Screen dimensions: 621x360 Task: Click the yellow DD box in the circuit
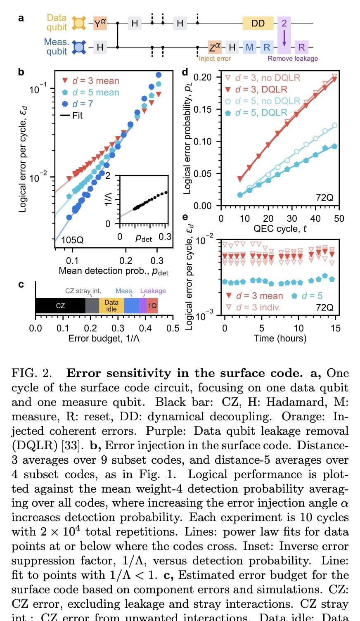(x=258, y=24)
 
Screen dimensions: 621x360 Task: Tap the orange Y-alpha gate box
(x=100, y=24)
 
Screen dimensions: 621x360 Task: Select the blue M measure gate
(x=249, y=47)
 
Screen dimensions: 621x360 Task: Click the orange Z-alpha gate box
(x=215, y=47)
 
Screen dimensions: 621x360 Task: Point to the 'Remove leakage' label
(x=293, y=59)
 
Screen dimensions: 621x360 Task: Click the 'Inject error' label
(x=215, y=59)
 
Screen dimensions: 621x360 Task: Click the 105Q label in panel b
(x=72, y=240)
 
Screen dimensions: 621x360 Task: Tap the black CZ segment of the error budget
(x=60, y=306)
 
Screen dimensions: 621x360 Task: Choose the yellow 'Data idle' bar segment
(x=111, y=306)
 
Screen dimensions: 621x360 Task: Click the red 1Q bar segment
(x=152, y=306)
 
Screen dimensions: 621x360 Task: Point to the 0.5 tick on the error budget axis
(x=173, y=328)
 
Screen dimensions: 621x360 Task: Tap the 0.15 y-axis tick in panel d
(x=202, y=109)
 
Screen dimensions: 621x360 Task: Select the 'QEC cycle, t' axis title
(x=280, y=229)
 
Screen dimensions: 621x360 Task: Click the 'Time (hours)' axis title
(x=280, y=339)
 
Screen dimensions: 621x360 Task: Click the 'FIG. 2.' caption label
(x=32, y=373)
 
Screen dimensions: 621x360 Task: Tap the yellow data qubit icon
(x=79, y=23)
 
